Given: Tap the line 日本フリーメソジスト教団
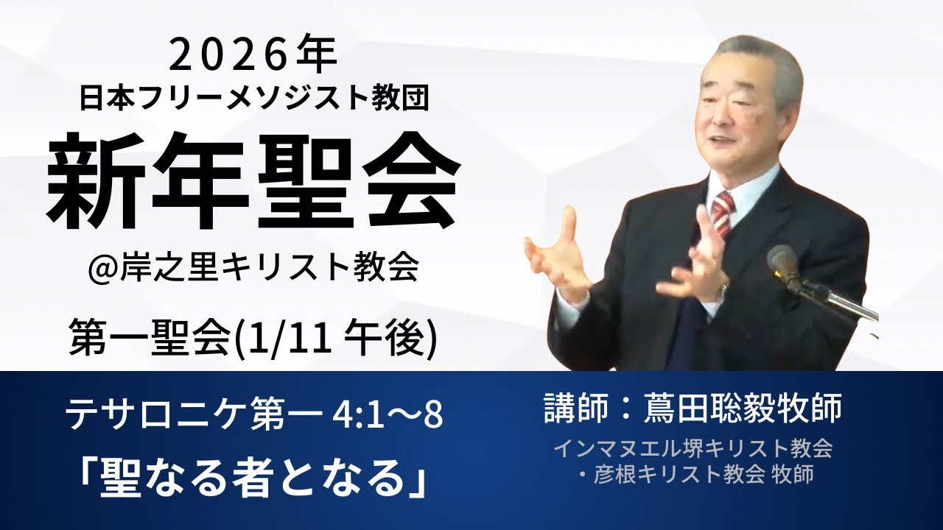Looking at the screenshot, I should click(253, 98).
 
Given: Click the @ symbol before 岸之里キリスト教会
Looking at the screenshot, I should click(103, 268).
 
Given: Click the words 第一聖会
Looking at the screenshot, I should click(158, 342).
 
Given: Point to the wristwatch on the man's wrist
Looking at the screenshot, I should click(723, 291).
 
